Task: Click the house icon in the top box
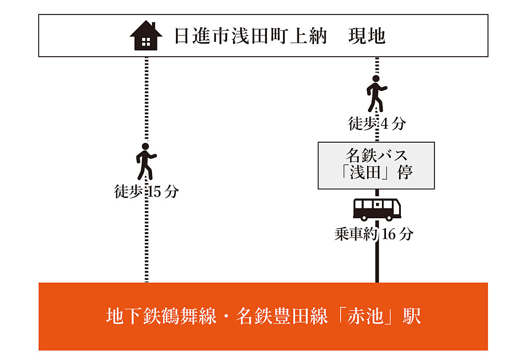tap(146, 36)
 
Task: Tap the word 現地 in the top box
tap(367, 36)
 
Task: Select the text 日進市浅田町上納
tap(251, 36)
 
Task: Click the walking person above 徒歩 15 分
tap(146, 162)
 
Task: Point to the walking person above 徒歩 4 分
tap(377, 94)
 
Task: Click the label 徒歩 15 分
tap(146, 191)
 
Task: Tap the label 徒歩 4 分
tap(377, 124)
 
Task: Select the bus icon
tap(377, 210)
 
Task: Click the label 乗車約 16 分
tap(374, 234)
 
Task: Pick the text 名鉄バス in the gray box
tap(377, 155)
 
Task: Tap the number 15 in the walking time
tap(154, 192)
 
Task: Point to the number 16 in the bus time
tap(389, 234)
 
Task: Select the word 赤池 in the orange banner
tap(365, 315)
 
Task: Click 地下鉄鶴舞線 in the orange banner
tap(161, 315)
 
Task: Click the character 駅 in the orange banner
tap(412, 315)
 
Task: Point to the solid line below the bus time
tap(377, 262)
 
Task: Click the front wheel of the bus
tap(390, 218)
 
